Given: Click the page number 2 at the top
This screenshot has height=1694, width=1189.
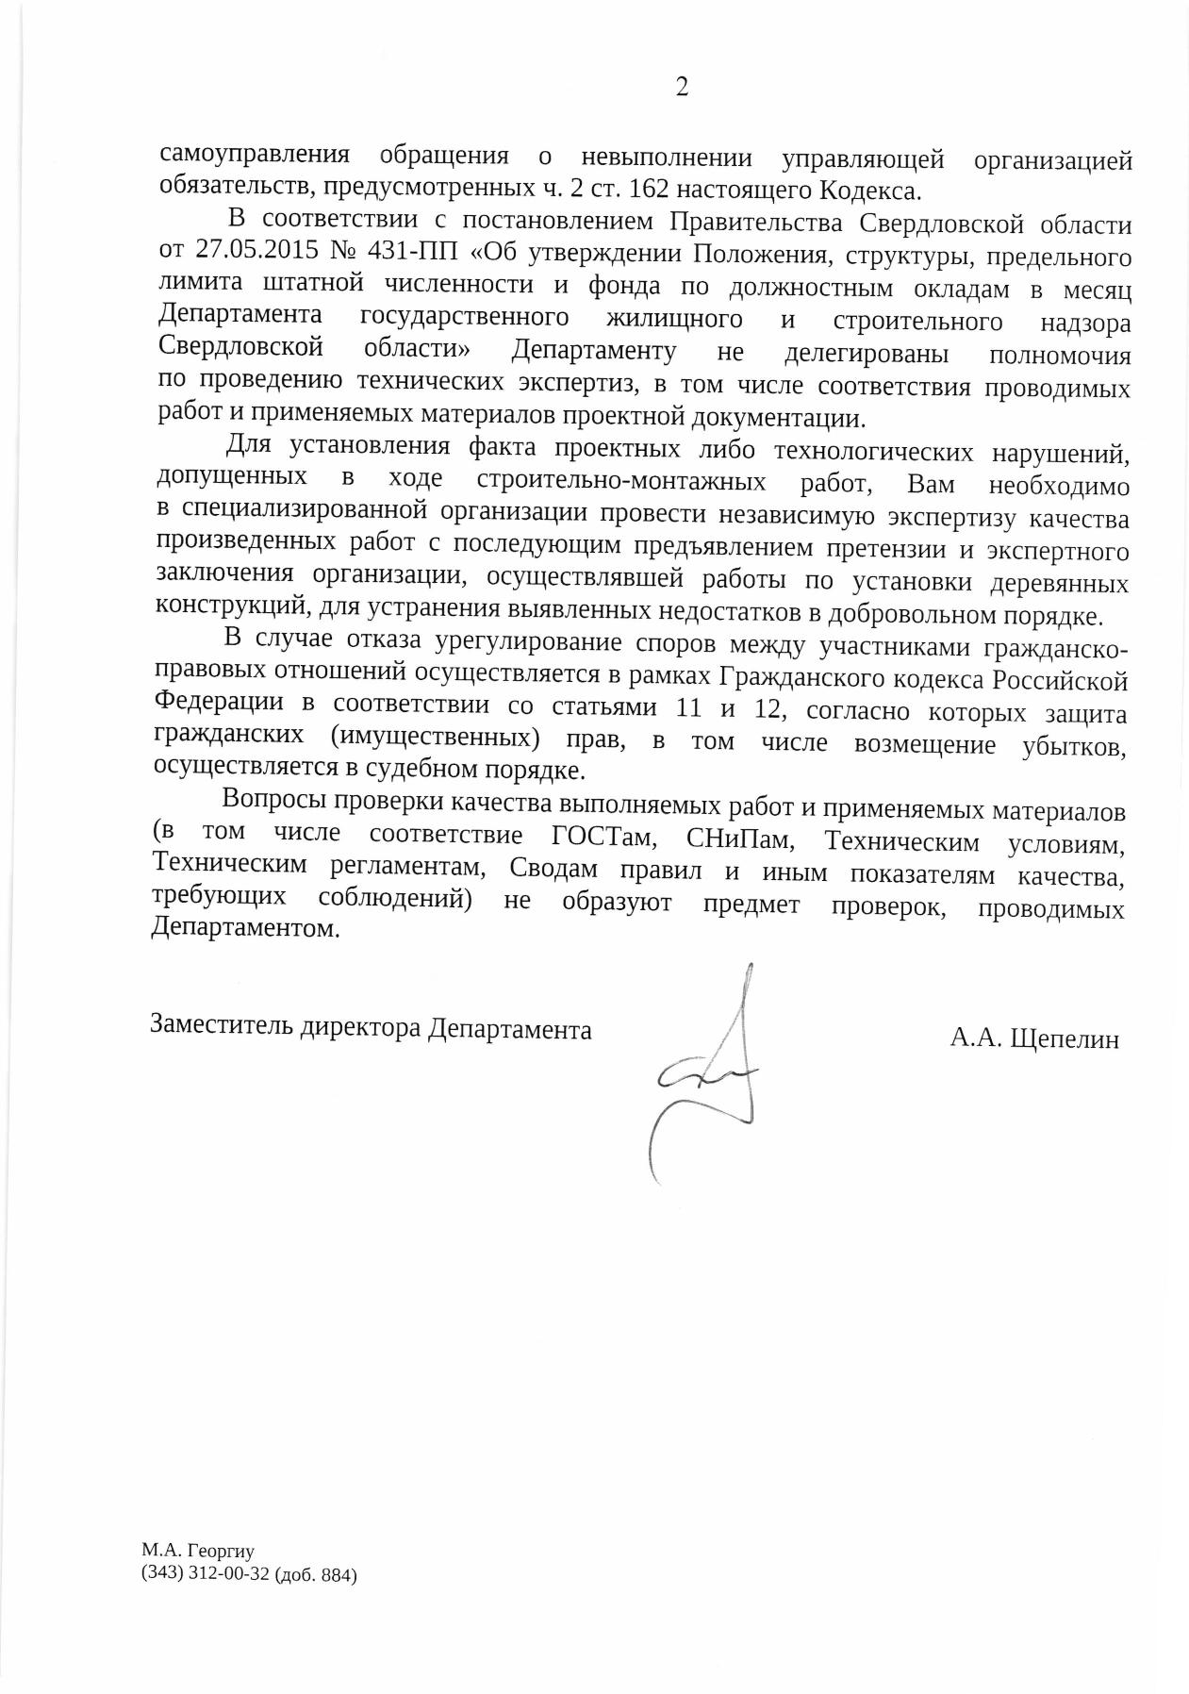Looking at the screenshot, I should tap(682, 87).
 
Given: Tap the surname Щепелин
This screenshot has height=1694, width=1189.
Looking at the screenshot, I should tap(1065, 1039).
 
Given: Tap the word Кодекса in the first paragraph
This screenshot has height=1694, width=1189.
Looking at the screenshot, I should tap(867, 191).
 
